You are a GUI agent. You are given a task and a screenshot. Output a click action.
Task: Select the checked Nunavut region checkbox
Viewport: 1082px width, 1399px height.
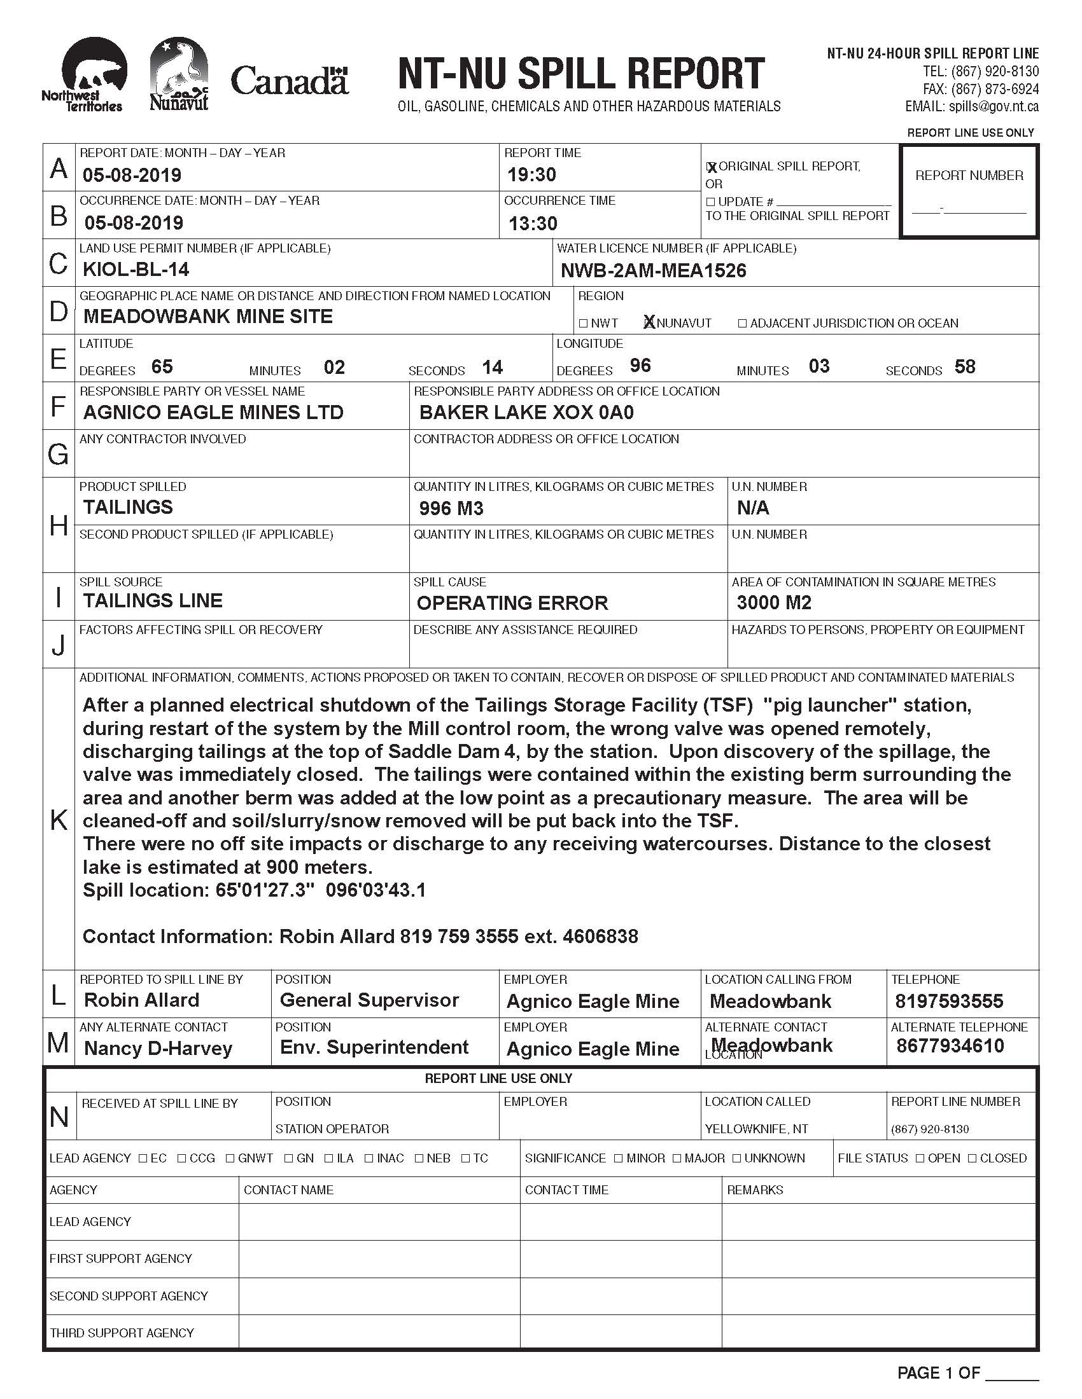coord(649,323)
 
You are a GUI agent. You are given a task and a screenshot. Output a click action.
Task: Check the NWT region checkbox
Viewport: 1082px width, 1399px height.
coord(583,324)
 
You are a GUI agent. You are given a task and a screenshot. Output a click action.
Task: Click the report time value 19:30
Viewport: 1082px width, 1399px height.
coord(531,174)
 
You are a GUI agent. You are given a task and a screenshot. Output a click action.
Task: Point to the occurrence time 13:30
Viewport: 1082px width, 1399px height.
coord(533,224)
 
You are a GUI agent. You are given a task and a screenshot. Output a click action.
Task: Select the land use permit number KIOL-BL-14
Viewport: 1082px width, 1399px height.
coord(136,270)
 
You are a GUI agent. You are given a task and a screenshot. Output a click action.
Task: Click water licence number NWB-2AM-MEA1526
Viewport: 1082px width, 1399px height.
coord(653,271)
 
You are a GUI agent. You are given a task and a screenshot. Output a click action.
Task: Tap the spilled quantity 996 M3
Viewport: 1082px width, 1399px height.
coord(451,509)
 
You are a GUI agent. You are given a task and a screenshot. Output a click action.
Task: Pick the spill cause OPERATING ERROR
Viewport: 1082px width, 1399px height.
coord(512,603)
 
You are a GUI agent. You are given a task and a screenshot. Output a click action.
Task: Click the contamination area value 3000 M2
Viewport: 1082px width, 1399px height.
coord(774,602)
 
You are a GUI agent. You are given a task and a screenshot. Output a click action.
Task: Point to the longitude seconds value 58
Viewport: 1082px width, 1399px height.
coord(965,366)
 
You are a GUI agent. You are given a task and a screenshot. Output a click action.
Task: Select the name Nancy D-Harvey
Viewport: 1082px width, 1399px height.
coord(158,1048)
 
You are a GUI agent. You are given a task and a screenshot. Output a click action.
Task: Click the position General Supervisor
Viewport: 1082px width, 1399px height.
coord(369,1000)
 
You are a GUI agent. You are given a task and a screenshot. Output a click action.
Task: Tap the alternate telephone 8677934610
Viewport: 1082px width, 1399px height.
coord(950,1046)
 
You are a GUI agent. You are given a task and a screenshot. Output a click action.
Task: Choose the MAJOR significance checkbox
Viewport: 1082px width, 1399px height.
coord(678,1158)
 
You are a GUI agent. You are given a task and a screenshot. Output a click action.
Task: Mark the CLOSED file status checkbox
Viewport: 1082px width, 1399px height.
coord(973,1158)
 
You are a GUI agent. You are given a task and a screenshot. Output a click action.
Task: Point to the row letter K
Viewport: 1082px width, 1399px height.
coord(59,820)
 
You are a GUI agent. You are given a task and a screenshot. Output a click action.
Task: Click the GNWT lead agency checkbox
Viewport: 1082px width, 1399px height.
coord(230,1158)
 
